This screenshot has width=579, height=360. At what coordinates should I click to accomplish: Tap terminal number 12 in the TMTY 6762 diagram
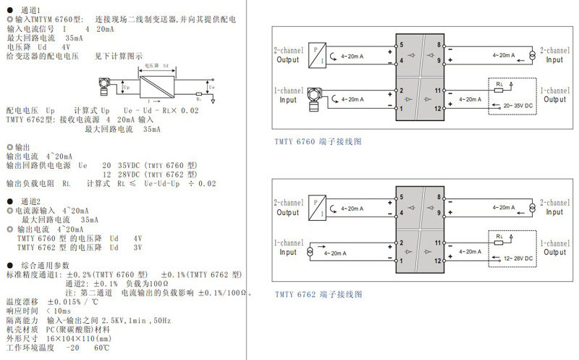[438, 259]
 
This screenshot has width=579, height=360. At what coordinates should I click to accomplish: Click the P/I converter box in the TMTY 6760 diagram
[317, 54]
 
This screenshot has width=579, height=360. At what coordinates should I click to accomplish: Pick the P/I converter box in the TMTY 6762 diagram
[317, 206]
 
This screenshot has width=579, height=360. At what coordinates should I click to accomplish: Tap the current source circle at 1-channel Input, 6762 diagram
[310, 251]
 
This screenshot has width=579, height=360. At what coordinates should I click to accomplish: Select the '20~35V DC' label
[517, 106]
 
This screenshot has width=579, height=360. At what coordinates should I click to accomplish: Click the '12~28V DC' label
[517, 258]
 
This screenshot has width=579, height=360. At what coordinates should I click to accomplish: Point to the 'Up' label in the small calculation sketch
[127, 86]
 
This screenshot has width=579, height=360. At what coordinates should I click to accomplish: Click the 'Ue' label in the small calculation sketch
[211, 88]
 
